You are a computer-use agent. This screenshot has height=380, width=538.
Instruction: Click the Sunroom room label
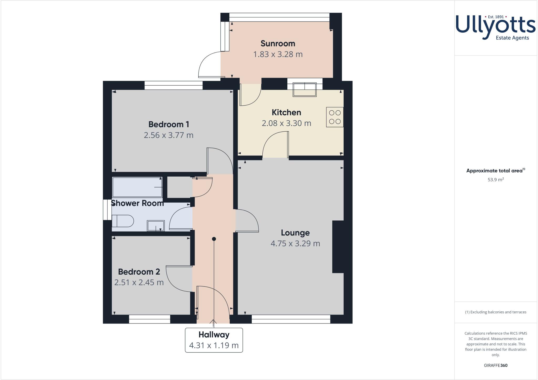point(278,43)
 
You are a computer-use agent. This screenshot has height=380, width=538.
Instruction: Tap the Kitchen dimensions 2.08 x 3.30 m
point(286,123)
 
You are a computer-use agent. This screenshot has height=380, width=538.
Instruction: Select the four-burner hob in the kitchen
point(335,117)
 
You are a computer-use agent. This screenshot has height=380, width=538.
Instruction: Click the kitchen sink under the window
point(304,90)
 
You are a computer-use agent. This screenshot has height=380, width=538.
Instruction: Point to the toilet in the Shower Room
point(123,221)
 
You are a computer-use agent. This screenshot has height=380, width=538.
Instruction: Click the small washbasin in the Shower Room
point(156,226)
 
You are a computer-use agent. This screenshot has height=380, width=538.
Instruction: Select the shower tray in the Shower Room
point(137,187)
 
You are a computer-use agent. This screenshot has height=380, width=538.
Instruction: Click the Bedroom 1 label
point(168,124)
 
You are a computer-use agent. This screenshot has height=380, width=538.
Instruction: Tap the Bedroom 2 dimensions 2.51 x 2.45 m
point(139,283)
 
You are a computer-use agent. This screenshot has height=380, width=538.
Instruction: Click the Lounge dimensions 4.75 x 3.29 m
point(295,244)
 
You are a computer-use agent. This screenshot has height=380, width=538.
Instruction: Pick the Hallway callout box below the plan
point(214,340)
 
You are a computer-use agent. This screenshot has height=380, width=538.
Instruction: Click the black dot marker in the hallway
point(214,239)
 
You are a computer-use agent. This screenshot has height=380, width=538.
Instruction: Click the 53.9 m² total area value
point(495,180)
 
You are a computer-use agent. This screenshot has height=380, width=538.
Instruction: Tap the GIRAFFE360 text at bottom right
point(495,365)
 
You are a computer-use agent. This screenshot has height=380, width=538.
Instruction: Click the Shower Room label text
point(137,203)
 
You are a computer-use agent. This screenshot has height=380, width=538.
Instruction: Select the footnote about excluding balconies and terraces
point(495,312)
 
